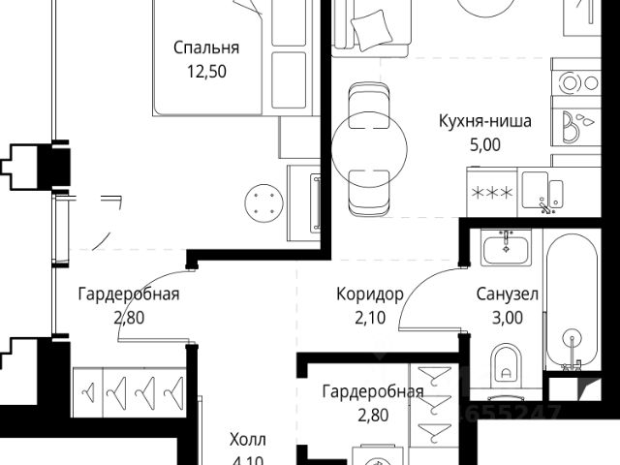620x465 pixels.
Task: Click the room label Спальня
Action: click(206, 47)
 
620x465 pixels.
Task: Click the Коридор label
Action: click(363, 294)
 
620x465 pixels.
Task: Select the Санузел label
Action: click(507, 294)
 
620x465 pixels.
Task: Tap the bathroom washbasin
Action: click(504, 248)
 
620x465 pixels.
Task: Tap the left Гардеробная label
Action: click(129, 294)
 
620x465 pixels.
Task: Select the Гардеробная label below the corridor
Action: click(373, 391)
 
